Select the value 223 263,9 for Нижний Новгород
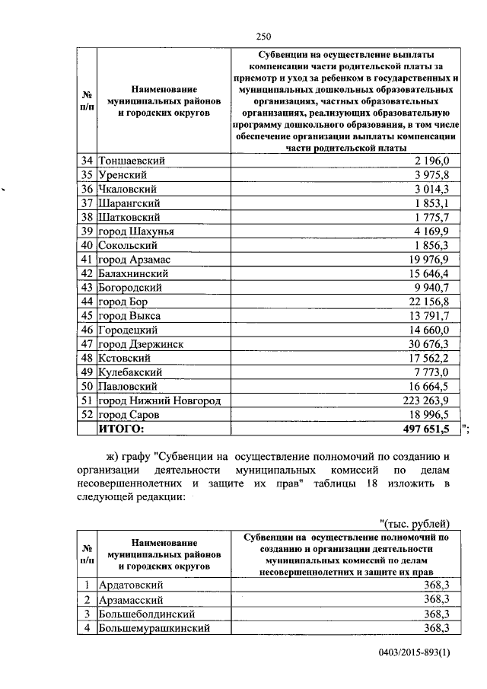[427, 400]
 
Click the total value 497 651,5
[422, 429]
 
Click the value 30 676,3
[431, 344]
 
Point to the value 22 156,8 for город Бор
[431, 301]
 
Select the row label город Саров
[129, 415]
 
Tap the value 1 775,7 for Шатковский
[434, 217]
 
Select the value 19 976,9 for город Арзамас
[431, 260]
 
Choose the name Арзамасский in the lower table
[133, 599]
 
